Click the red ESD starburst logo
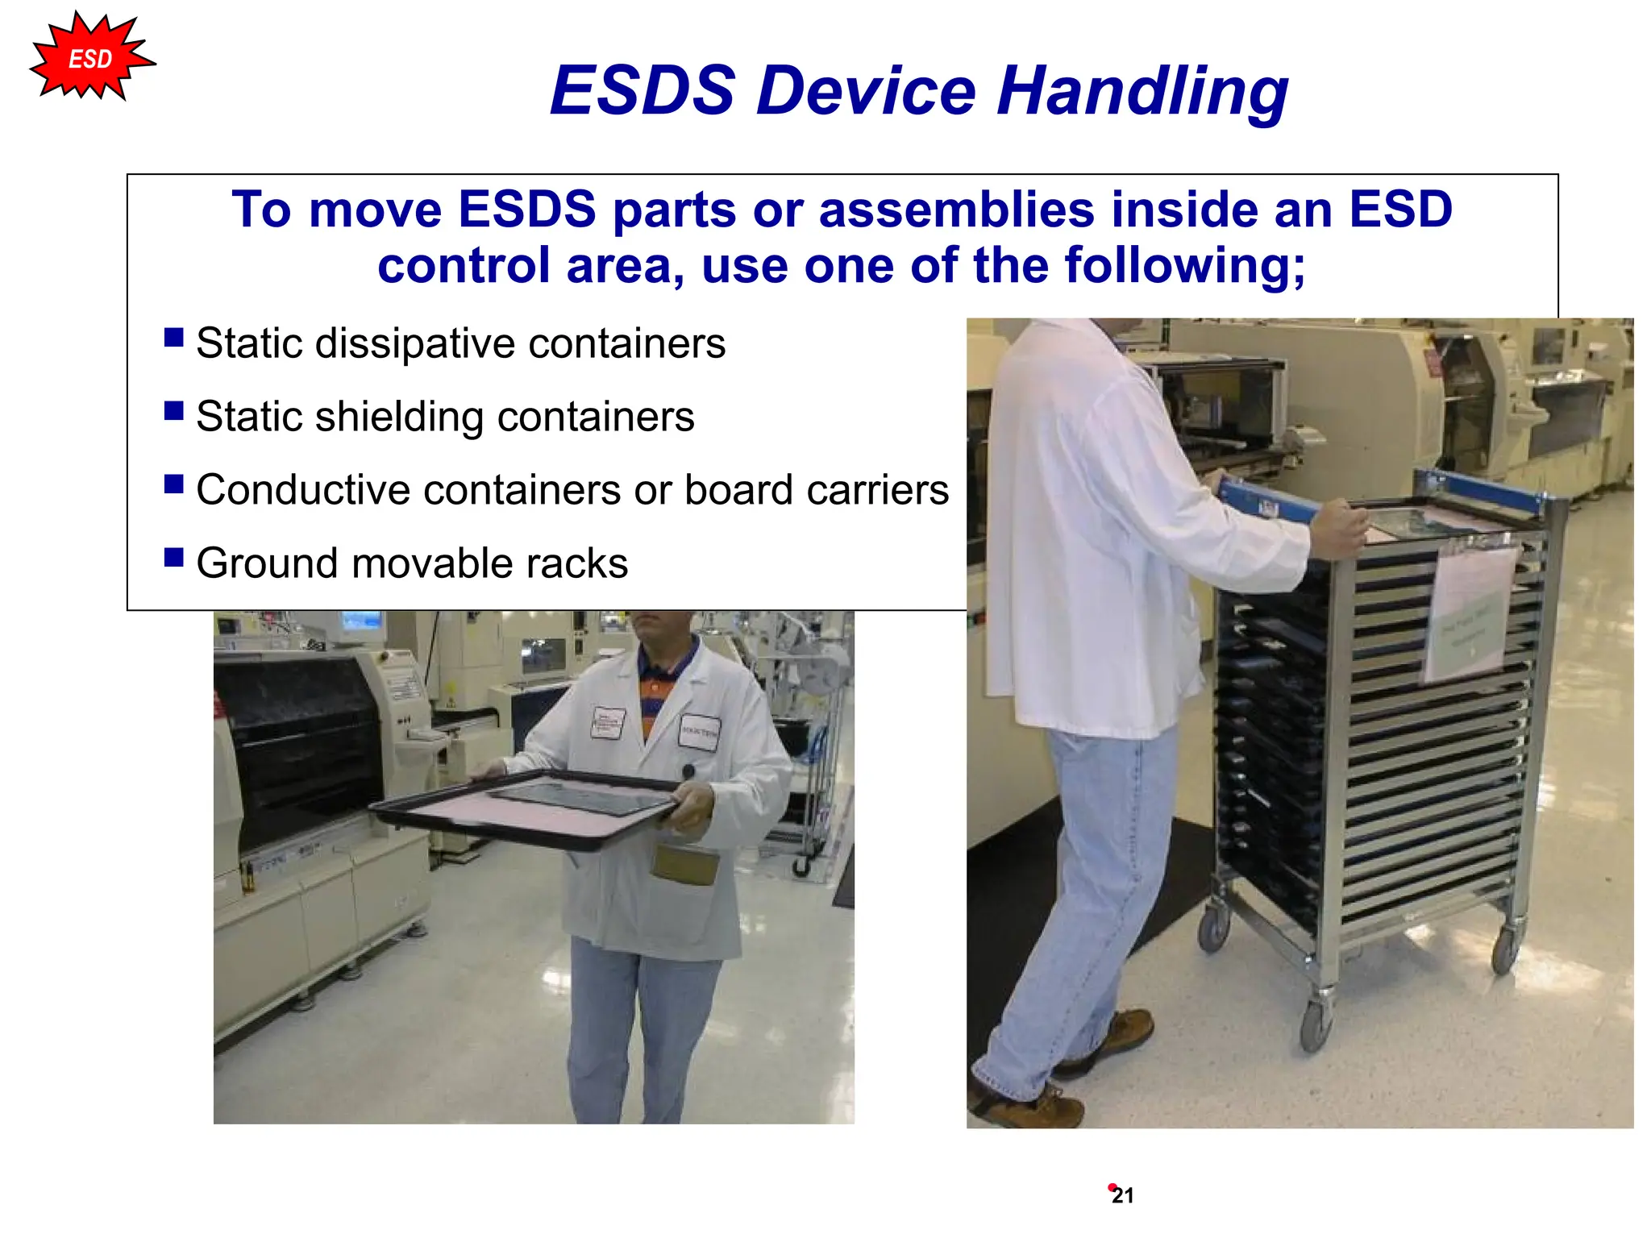pos(90,58)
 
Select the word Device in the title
pos(866,90)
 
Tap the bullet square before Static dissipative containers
pos(173,337)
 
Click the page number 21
pos(1122,1196)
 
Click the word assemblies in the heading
pos(956,210)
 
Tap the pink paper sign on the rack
pos(1469,613)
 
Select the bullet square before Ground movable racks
pos(173,557)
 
